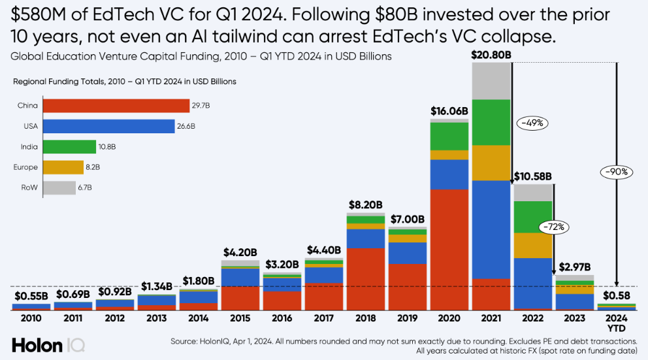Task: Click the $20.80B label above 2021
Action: tap(491, 56)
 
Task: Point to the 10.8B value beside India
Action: tap(106, 147)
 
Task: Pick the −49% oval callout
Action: tap(532, 122)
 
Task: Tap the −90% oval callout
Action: tap(615, 172)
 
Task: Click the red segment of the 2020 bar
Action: tap(449, 248)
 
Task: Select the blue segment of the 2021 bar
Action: tap(491, 229)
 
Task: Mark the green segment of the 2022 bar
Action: tap(532, 216)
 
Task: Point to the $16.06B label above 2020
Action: tap(449, 111)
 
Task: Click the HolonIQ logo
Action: tap(48, 344)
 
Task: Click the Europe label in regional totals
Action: tap(25, 167)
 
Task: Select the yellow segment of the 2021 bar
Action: tap(491, 162)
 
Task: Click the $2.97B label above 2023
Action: tap(574, 267)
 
